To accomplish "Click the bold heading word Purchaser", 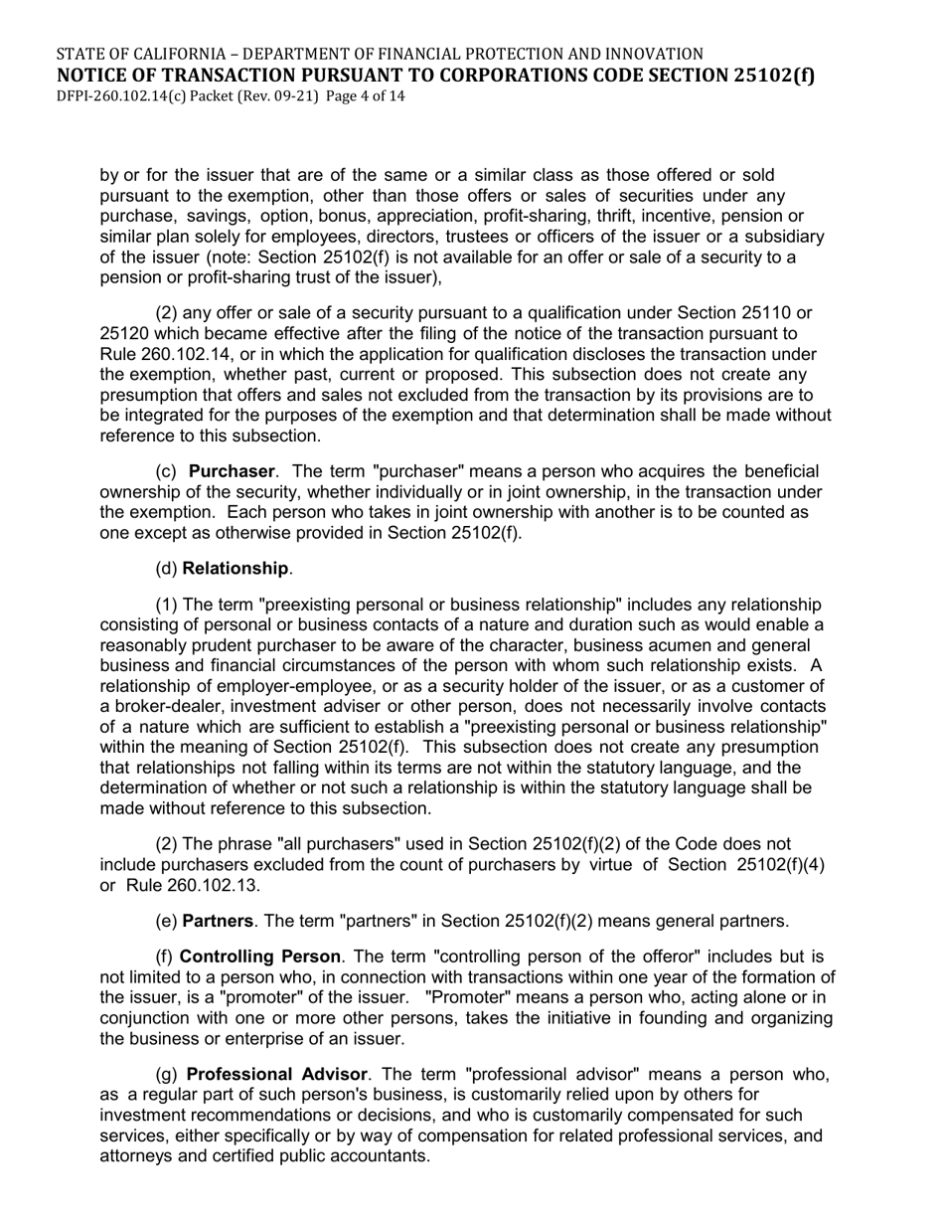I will click(x=232, y=471).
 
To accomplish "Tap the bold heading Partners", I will click(x=217, y=921).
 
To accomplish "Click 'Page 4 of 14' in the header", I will click(x=365, y=96).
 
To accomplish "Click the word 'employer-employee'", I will click(x=266, y=686).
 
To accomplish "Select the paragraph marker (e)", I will click(x=166, y=921).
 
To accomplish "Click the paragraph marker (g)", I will click(x=166, y=1075).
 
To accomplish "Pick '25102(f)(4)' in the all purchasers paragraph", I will click(x=781, y=865).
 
